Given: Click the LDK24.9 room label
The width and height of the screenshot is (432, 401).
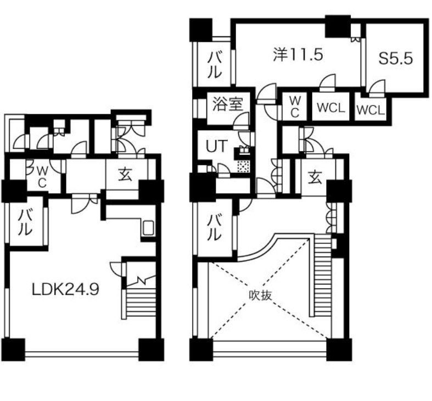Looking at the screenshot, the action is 65,289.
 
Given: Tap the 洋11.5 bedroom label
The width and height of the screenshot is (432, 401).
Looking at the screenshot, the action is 298,54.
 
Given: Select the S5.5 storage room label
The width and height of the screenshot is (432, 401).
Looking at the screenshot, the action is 396,58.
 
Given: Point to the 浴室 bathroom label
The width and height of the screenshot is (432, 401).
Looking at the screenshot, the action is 227,104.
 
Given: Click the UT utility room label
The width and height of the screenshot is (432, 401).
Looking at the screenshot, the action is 217,146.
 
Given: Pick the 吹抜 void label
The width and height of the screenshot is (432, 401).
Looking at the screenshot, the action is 260,296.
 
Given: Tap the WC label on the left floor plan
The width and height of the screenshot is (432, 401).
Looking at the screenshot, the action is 42,177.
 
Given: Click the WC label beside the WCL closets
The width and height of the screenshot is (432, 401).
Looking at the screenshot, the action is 295,107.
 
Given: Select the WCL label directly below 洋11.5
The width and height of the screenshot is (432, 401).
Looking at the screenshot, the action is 330,108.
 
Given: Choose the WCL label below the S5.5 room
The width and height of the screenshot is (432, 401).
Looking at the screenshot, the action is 371,110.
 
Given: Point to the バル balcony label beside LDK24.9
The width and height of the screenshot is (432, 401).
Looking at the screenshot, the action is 25,222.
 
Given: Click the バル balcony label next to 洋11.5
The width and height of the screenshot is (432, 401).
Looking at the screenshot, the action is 215,65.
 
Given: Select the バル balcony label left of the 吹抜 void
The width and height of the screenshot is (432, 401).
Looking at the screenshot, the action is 215,227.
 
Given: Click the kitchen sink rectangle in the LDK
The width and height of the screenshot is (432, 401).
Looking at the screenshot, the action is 149,228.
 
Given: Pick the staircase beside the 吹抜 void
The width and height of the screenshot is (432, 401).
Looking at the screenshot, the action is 322,275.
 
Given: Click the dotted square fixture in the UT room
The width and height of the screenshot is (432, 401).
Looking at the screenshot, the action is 244,166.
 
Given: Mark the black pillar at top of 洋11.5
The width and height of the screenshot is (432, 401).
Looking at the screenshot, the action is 338,26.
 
